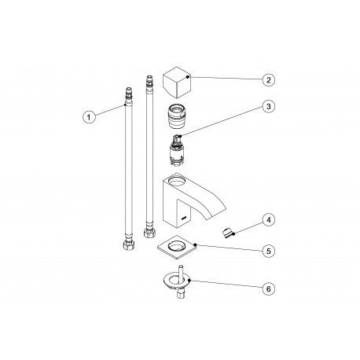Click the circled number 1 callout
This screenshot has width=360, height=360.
tap(89, 117)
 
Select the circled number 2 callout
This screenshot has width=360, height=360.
tap(269, 79)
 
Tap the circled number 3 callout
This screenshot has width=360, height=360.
tap(269, 106)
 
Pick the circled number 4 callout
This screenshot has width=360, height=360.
tap(269, 219)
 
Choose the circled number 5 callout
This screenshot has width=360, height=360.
tap(269, 251)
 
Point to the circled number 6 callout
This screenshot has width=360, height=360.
tap(269, 289)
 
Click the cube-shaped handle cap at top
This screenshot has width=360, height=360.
tap(176, 83)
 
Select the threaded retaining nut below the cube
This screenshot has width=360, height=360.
tap(175, 116)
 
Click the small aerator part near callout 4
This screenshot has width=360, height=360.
tap(227, 233)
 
